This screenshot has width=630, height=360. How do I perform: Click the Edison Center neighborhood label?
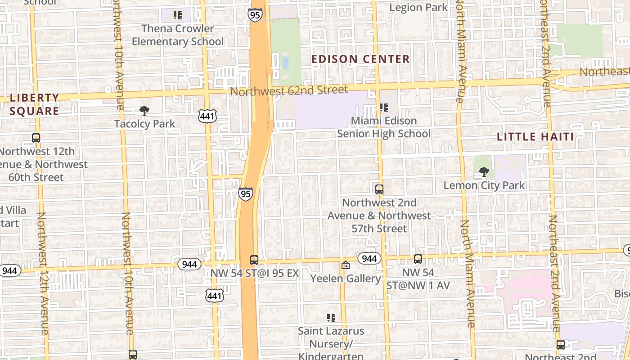(360, 59)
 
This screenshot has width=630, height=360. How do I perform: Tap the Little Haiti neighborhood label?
(535, 137)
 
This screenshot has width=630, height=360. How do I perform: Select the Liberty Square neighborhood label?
(34, 104)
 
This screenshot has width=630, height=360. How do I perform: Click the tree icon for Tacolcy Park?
(144, 110)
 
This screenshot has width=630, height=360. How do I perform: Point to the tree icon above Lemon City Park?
(484, 171)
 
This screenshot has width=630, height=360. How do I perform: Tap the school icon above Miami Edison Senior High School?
(383, 108)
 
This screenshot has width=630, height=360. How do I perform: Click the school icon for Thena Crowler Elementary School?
(178, 15)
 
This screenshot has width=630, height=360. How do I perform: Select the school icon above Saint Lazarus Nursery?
(331, 318)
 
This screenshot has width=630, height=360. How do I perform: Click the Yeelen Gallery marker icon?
(346, 265)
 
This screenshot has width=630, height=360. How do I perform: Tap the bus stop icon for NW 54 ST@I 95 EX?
(254, 260)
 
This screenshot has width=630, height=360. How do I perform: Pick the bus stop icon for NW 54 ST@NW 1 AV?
(418, 259)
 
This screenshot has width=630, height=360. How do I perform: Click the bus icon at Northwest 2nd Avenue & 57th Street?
(379, 189)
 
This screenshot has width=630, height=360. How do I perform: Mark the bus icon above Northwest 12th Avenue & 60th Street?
(36, 138)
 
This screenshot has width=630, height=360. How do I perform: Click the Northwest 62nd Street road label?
(289, 90)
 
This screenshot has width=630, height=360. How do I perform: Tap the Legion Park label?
(418, 7)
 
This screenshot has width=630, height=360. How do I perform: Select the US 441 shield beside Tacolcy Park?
(207, 116)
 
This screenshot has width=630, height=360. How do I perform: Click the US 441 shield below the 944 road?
(215, 295)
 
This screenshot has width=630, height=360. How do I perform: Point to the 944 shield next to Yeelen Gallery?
(369, 258)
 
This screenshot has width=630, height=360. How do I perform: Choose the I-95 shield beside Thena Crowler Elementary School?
(254, 15)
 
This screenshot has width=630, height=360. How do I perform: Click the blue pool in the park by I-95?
(285, 62)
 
